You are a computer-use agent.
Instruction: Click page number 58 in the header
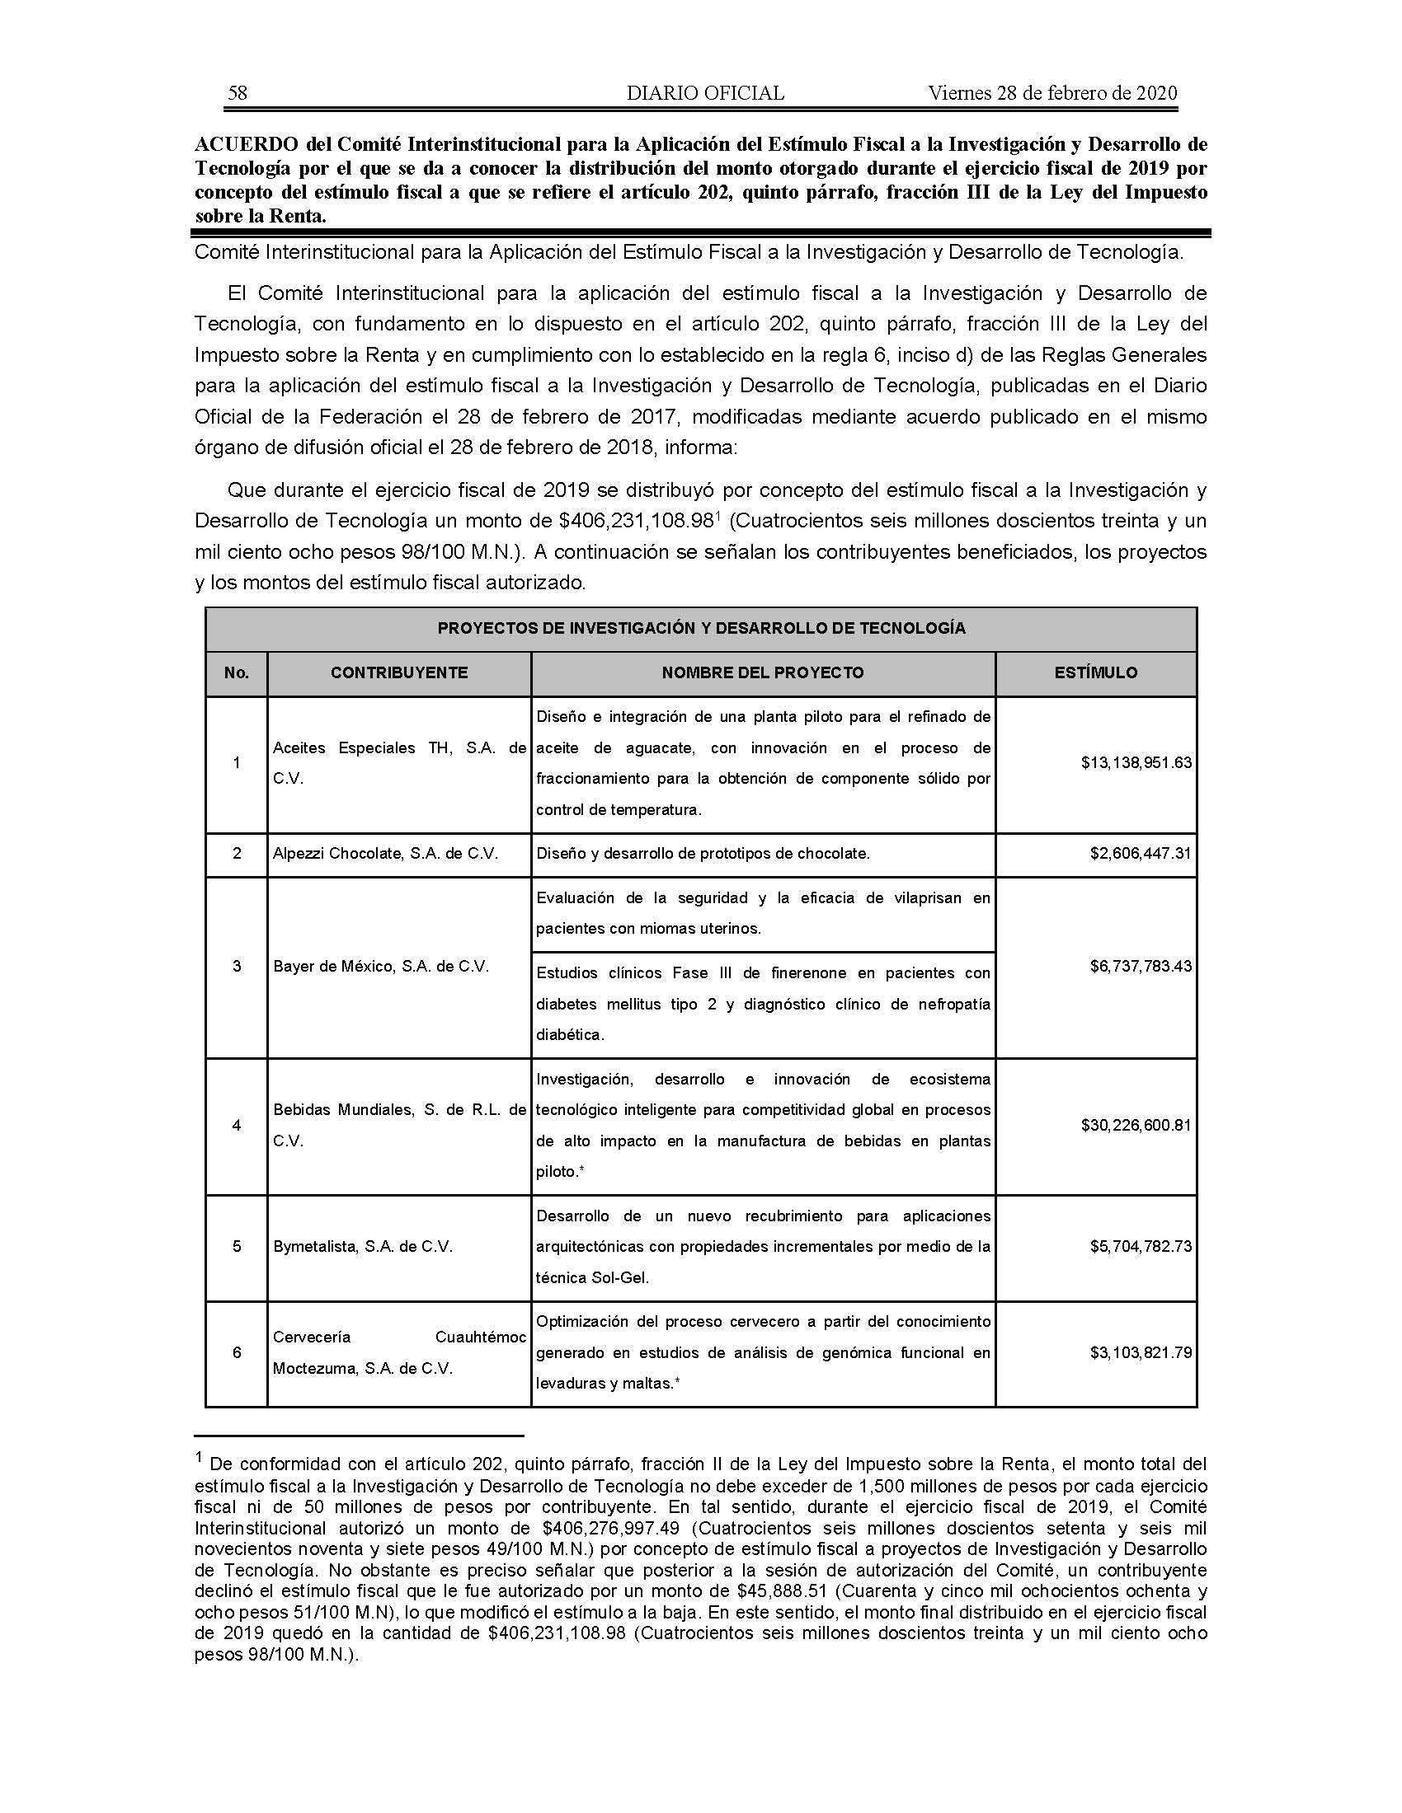tap(238, 93)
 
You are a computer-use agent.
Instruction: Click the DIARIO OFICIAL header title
tap(705, 93)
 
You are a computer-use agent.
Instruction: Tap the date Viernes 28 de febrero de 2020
tap(1052, 93)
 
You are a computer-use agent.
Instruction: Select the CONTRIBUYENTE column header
tap(398, 672)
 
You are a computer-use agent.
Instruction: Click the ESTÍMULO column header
tap(1095, 672)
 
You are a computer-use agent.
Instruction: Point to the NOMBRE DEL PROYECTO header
tap(763, 672)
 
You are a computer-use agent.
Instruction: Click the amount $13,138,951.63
tap(1136, 762)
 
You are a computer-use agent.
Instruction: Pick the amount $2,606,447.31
tap(1141, 854)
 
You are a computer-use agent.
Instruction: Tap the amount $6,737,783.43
tap(1141, 966)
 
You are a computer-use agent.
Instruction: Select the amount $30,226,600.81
tap(1136, 1125)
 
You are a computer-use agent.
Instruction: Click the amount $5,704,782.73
tap(1141, 1246)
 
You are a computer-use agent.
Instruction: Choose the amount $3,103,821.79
tap(1141, 1352)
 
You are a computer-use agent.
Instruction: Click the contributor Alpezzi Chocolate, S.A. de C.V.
tap(385, 854)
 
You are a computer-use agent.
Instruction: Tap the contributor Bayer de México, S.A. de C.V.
tap(381, 966)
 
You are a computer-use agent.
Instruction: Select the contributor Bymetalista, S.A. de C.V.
tap(363, 1246)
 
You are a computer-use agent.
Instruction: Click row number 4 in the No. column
tap(237, 1125)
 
